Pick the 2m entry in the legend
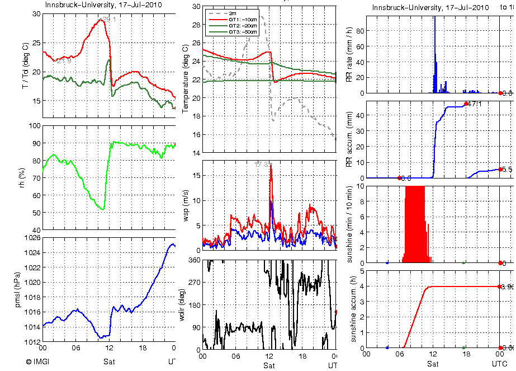point(233,13)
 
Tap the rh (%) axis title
point(23,178)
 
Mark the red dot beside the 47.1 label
point(466,104)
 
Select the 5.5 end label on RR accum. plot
point(507,169)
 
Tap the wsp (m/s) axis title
point(186,205)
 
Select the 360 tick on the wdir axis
point(193,260)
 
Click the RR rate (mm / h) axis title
point(349,54)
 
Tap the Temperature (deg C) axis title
point(186,79)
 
